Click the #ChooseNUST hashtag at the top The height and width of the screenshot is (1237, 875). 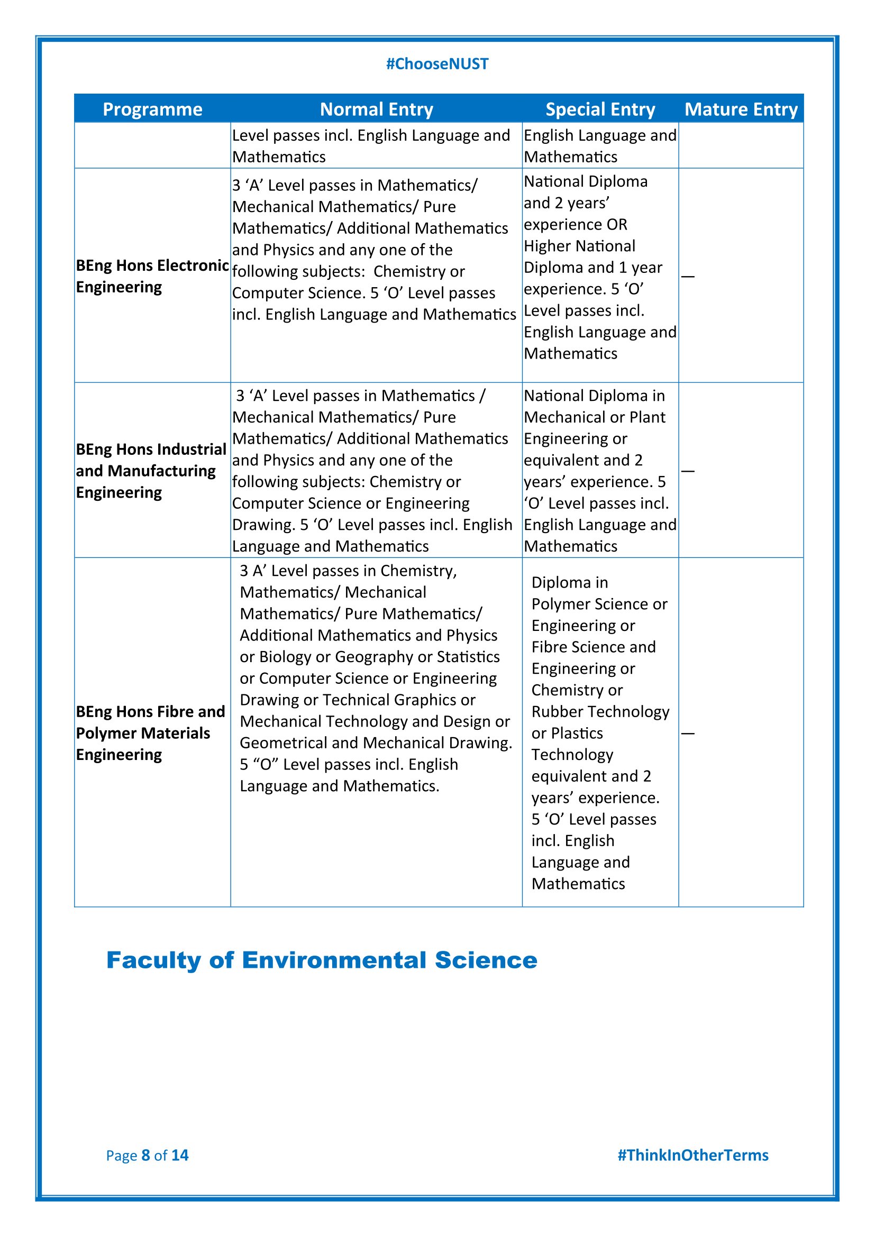tap(437, 64)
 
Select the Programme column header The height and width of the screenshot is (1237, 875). tap(152, 109)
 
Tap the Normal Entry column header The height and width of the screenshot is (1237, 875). tap(376, 109)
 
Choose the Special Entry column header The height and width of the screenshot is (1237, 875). tap(600, 109)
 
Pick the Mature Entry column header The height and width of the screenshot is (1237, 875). tap(741, 109)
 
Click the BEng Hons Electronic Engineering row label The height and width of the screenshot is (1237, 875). tap(152, 276)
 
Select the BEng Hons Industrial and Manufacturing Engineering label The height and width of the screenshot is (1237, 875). tap(151, 470)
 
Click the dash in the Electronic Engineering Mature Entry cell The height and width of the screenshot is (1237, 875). tap(688, 277)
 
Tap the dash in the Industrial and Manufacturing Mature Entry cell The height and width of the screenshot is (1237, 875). tap(688, 471)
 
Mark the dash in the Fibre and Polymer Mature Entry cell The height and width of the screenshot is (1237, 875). tap(688, 733)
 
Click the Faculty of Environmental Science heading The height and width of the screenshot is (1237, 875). tap(322, 959)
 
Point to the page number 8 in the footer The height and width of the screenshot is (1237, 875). tap(145, 1155)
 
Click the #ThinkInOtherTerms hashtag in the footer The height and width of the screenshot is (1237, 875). tap(693, 1155)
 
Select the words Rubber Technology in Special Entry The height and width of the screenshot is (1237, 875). tap(600, 712)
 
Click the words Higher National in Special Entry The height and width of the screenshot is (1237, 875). tap(580, 246)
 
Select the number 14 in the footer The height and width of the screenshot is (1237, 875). tap(180, 1155)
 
